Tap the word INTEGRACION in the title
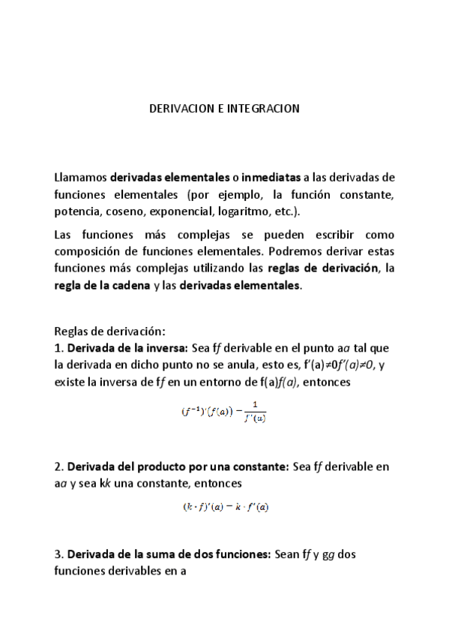265,109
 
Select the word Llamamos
80,178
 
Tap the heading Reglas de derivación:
109,331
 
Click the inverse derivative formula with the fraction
223,413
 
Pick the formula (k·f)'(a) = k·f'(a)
225,506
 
